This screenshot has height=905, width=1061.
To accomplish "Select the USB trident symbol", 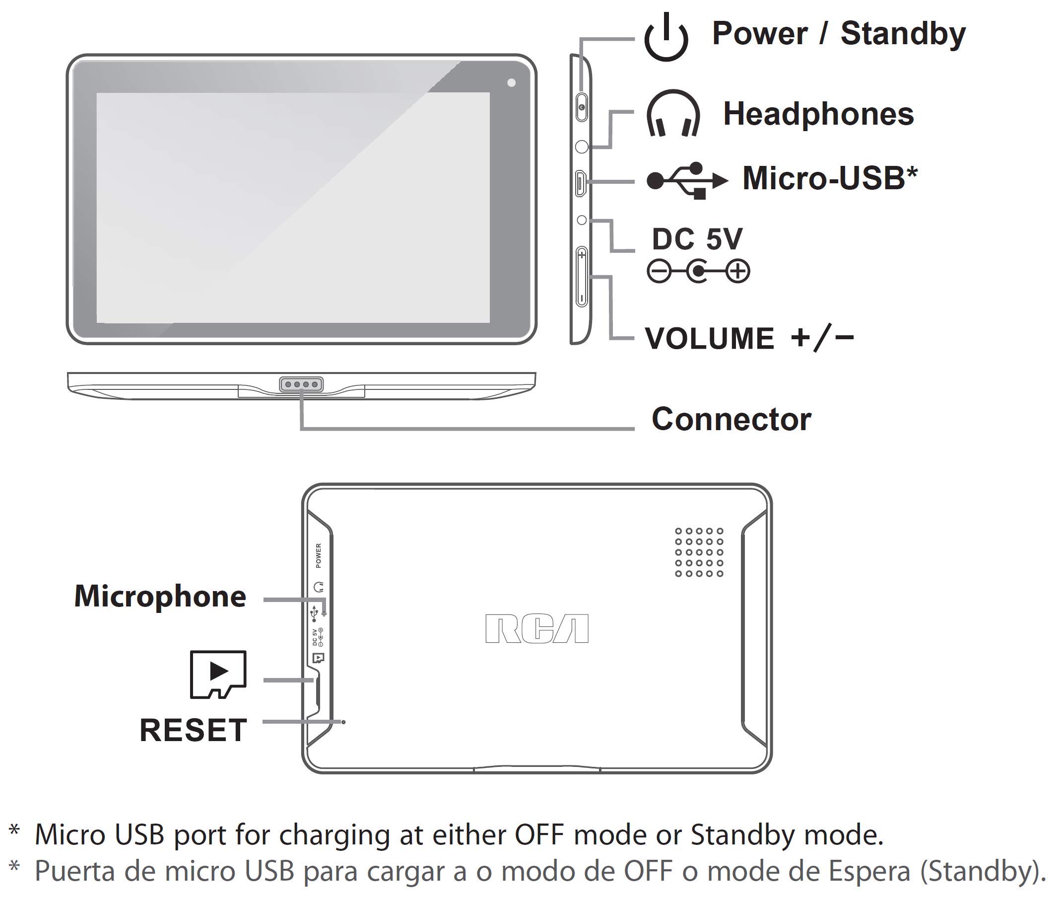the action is [687, 180].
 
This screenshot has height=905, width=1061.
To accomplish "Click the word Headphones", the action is [818, 114].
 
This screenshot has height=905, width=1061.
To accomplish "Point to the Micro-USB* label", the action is [830, 178].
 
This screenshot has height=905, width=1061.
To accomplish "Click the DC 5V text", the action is [696, 238].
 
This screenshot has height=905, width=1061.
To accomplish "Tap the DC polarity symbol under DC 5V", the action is [698, 271].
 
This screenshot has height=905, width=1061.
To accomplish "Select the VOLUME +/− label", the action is [749, 338].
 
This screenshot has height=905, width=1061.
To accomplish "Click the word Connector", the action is [731, 419].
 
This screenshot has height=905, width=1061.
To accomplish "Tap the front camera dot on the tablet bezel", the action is [511, 82].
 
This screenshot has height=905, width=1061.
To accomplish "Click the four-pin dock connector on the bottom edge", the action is [301, 384].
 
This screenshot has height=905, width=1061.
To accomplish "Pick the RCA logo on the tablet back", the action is [536, 628].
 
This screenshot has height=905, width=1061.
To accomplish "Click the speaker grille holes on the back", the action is [699, 552].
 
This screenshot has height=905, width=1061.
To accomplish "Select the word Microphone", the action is [160, 597].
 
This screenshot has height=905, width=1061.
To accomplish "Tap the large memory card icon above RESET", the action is [218, 675].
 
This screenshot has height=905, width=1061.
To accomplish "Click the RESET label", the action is [193, 730].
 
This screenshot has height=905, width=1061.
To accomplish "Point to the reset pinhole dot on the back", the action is [343, 722].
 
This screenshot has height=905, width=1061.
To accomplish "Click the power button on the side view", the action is [582, 107].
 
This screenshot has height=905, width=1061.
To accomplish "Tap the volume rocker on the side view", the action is [582, 277].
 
